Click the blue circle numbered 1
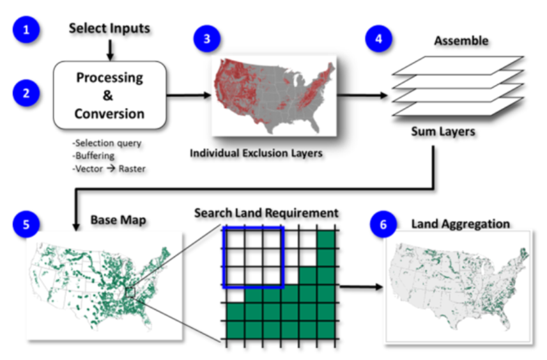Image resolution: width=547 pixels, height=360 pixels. pos(26,29)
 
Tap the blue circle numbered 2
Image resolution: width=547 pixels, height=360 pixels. pos(26,93)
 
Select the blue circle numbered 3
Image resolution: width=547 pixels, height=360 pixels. pos(207,38)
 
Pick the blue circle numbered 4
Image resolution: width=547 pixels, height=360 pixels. pos(378,38)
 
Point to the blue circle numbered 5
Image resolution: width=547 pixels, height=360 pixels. pos(26,224)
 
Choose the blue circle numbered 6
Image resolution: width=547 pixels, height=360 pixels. pos(383,224)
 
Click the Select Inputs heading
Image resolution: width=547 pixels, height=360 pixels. pos(109,29)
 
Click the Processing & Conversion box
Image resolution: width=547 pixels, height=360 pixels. pos(109,95)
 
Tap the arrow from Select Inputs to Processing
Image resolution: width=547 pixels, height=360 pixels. pos(110,50)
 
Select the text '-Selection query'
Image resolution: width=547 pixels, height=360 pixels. pos(107,143)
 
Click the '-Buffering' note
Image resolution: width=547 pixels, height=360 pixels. pos(93,156)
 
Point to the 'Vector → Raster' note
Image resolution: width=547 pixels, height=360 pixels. pos(109,169)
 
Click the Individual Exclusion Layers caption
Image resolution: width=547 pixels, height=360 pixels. pos(256,153)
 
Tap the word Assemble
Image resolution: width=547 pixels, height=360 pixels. pos(461,41)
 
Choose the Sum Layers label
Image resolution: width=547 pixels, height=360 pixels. pos(443,131)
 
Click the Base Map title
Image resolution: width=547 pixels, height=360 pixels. pos(118,220)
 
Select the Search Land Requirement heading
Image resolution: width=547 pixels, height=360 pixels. pos(266,213)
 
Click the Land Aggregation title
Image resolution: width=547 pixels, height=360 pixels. pos(461,224)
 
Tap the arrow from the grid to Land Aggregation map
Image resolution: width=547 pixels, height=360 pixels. pos(362,287)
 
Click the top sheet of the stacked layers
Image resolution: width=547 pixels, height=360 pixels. pos(458,65)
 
